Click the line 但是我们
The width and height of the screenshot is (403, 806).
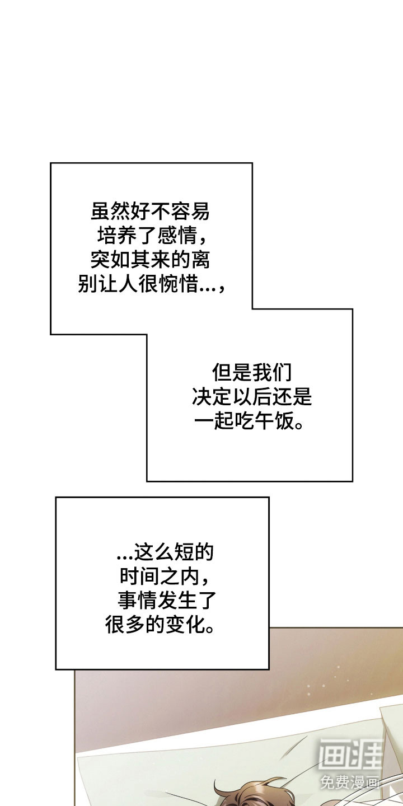(x=251, y=372)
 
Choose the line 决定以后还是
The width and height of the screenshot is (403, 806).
(x=251, y=397)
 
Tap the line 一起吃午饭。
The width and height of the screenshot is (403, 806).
(x=251, y=421)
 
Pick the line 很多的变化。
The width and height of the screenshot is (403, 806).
(x=161, y=625)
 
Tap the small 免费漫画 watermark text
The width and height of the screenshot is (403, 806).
(x=350, y=782)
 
